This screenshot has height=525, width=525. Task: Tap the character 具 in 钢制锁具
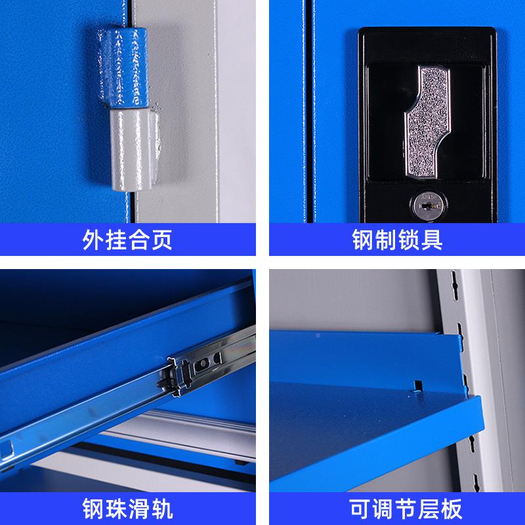pyautogui.click(x=432, y=240)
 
